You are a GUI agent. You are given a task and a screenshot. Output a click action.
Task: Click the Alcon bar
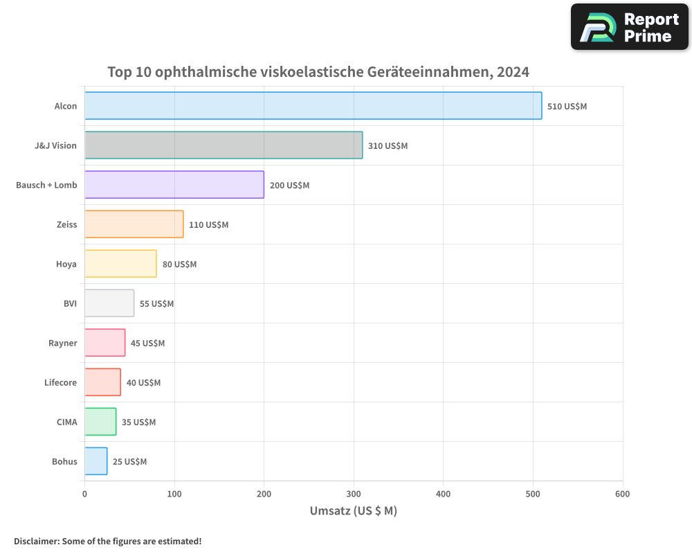313,106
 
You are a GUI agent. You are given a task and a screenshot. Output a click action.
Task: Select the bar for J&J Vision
224,145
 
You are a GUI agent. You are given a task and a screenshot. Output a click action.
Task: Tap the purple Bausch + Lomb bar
174,185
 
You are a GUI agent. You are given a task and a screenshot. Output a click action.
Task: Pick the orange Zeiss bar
134,224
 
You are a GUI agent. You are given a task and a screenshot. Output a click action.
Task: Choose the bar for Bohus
96,461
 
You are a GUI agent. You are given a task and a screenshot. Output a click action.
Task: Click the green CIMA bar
100,422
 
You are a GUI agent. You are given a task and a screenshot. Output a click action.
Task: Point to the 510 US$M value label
567,107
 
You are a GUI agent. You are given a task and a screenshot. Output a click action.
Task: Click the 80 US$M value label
179,265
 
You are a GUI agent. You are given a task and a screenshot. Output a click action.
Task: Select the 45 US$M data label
147,343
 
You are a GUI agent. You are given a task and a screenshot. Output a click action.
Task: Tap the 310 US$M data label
388,146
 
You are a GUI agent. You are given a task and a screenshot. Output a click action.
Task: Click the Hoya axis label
66,265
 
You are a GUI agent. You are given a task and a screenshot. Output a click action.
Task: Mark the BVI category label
70,303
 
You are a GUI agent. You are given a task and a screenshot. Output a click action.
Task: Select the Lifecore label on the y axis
61,382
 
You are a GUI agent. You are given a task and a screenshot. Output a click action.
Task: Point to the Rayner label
63,343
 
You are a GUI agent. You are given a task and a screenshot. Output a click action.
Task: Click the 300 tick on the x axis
354,494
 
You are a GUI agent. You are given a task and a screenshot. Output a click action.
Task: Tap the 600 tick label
622,494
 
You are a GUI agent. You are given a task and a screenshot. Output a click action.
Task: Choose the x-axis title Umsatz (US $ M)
353,511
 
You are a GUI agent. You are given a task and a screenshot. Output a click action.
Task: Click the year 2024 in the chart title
512,72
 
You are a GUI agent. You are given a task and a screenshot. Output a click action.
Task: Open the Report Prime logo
629,27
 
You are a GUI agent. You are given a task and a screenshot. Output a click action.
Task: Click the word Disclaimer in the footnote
35,541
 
